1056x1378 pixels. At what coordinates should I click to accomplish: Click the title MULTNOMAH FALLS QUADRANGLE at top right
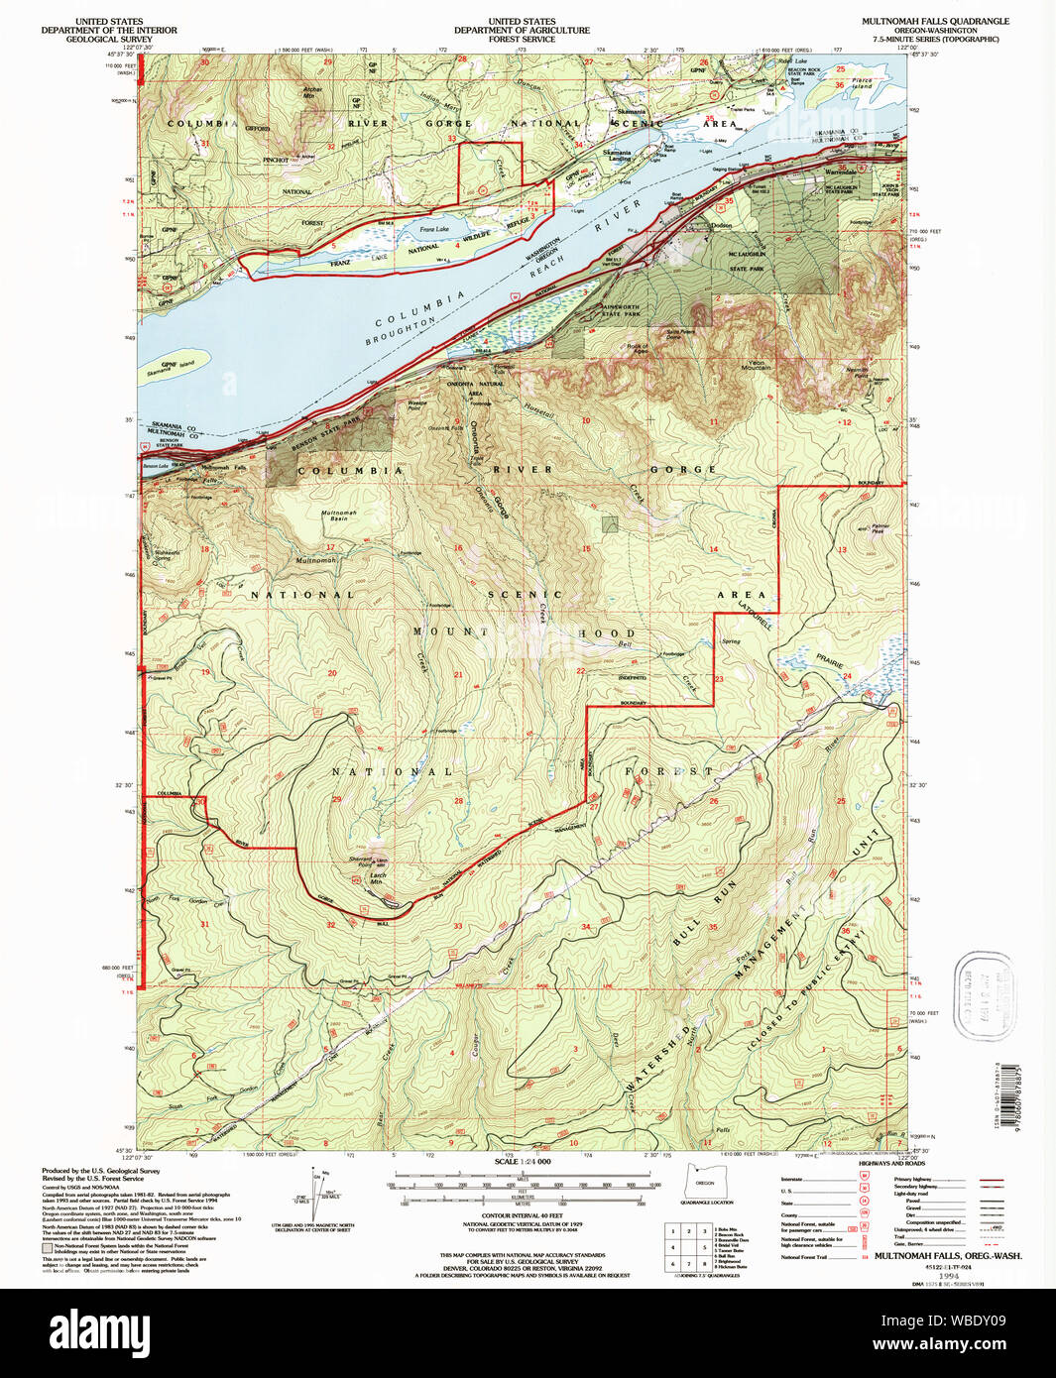935,21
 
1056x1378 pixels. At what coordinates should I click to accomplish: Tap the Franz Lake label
434,229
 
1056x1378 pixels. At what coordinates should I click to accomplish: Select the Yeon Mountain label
756,365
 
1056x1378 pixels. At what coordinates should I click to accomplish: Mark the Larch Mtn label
377,878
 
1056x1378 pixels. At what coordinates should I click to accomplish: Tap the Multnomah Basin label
338,516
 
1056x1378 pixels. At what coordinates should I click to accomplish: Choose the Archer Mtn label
312,92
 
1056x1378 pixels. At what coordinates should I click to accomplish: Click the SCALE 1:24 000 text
523,1161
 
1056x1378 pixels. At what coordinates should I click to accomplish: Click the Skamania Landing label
617,156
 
